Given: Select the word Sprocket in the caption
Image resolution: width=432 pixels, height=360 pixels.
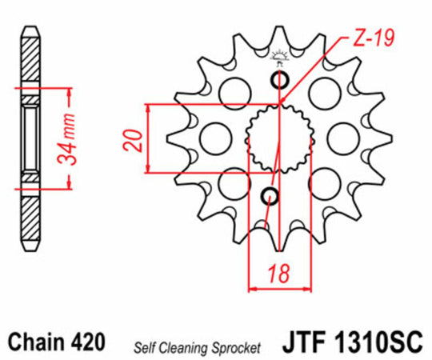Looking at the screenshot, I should tap(234, 347).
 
